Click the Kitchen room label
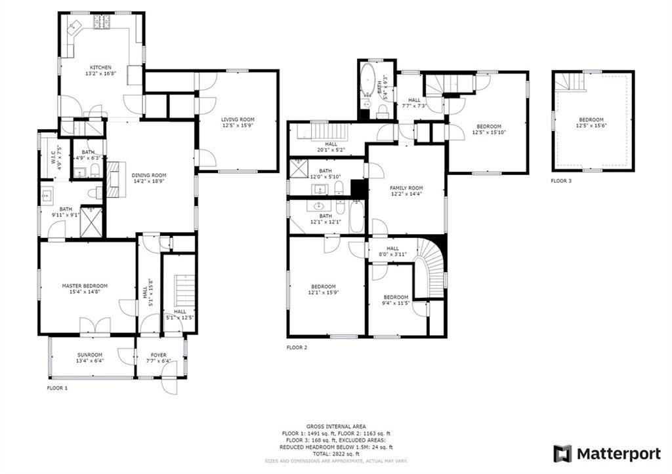(x=100, y=68)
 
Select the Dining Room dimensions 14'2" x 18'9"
(x=149, y=182)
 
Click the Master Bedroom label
(x=85, y=286)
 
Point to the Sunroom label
(x=90, y=355)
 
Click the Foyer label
(x=158, y=355)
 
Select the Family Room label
(x=404, y=188)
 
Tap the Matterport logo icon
(x=562, y=454)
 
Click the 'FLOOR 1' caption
(x=57, y=388)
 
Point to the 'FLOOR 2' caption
(x=297, y=347)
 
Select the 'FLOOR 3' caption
(x=561, y=181)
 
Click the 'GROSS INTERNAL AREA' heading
(x=336, y=426)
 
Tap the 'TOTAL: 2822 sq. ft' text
(x=336, y=453)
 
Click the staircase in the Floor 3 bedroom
(x=571, y=82)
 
